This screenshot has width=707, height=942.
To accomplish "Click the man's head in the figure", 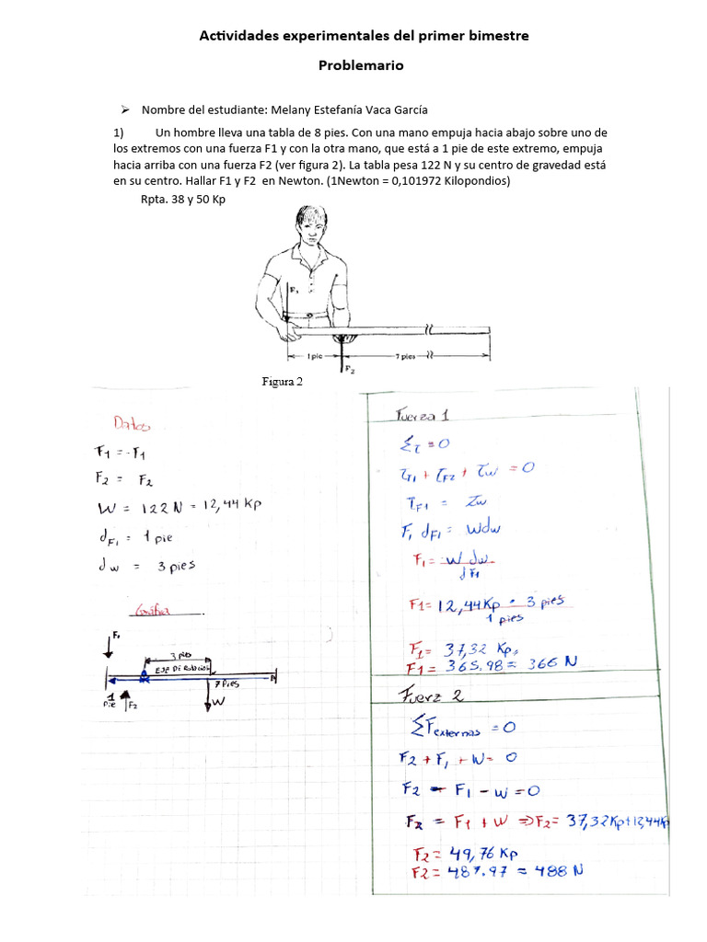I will click(312, 228).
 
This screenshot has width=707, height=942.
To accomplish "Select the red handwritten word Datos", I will click(133, 423).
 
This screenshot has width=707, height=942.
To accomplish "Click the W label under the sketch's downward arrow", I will click(218, 702).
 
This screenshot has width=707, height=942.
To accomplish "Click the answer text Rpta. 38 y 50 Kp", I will click(182, 199).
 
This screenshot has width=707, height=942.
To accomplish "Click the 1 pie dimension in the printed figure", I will click(312, 355).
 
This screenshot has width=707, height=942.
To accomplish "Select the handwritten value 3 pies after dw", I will click(174, 565).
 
